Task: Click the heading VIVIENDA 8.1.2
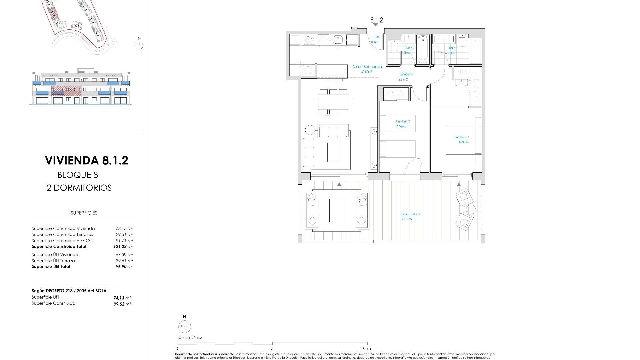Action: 87,161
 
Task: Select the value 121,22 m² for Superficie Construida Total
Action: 123,247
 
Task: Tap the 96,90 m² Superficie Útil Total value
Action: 124,267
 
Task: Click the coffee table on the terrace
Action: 337,211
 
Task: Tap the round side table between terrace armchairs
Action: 471,210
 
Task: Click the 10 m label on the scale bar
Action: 366,348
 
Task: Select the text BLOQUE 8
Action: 78,175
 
